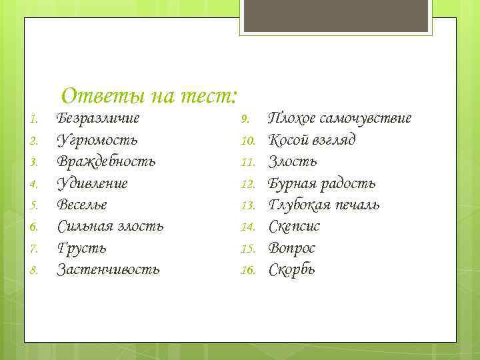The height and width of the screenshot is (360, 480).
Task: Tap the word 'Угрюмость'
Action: [97, 140]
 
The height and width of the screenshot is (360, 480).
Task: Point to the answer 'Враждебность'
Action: [107, 161]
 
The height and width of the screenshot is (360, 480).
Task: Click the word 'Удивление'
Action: [92, 183]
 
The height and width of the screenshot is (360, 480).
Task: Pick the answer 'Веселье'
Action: [82, 205]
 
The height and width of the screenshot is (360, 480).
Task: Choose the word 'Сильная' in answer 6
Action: [83, 227]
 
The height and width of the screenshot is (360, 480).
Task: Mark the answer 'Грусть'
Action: [81, 248]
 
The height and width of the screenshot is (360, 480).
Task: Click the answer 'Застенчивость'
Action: [108, 269]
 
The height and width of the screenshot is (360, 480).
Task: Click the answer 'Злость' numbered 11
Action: [293, 161]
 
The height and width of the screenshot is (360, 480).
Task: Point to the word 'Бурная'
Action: [292, 183]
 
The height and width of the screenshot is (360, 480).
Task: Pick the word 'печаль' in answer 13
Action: [356, 205]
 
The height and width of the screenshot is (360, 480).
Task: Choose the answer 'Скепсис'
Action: [294, 227]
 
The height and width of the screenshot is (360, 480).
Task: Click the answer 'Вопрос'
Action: [291, 248]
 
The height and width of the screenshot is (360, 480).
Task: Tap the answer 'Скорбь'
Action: [292, 269]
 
